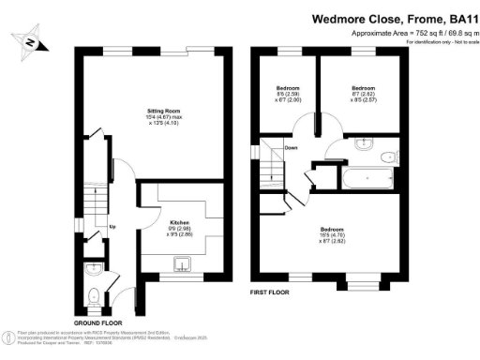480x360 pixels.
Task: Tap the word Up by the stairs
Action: [x=113, y=227]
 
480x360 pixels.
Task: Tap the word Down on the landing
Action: [x=291, y=147]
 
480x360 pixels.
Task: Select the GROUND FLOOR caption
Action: [x=98, y=322]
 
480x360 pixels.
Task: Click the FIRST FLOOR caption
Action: [x=269, y=292]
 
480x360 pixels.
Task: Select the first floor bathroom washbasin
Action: [x=364, y=146]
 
